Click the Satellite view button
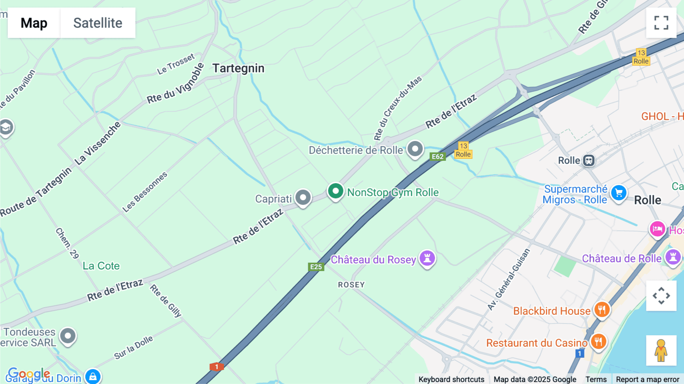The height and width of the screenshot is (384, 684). coord(98,23)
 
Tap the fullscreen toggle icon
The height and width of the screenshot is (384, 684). coord(661,23)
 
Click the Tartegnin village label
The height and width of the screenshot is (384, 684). coord(238,68)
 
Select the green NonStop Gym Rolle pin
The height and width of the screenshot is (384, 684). coord(336,191)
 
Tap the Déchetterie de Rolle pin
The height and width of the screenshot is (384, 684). coord(415,149)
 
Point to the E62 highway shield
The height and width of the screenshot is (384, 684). coord(437,157)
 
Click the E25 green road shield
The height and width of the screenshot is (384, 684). coord(316,267)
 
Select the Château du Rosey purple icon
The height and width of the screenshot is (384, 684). coord(427,259)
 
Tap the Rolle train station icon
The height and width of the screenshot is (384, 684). coord(589,160)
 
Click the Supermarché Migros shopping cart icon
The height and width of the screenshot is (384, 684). coord(619,193)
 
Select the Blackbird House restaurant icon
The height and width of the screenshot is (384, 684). coord(602,310)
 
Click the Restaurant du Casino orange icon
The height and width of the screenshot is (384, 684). coord(598,342)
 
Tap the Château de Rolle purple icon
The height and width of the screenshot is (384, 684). coord(673,257)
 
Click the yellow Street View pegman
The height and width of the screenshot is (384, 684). coord(661,351)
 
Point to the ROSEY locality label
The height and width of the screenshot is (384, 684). coord(351,285)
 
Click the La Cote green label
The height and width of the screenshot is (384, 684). coord(101,266)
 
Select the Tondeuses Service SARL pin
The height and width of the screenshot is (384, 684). coord(68,336)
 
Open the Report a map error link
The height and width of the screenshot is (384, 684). coord(648,379)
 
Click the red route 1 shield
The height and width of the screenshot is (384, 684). coord(217,367)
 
